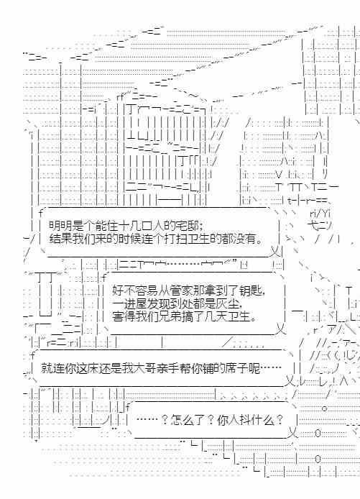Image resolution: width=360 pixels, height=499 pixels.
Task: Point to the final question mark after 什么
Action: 280,421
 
